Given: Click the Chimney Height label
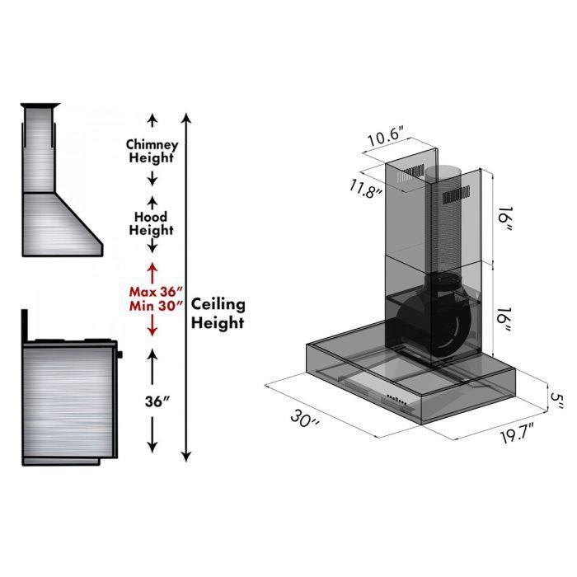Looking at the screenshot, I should tap(152, 151).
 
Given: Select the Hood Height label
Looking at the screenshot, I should tap(152, 223).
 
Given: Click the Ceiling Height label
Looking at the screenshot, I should tap(218, 313).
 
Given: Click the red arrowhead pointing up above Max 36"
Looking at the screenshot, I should tap(152, 269).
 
